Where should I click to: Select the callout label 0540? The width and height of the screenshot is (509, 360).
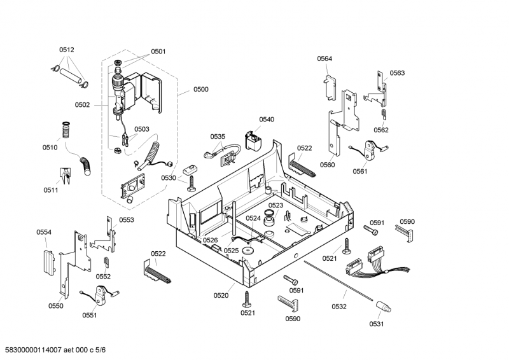(267, 120)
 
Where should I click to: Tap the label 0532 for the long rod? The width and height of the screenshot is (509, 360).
(339, 307)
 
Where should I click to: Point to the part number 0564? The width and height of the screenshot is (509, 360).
(324, 59)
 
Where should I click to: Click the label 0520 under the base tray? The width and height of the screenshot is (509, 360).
(221, 296)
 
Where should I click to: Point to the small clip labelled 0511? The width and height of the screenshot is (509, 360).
(64, 174)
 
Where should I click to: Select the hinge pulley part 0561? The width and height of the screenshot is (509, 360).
(368, 151)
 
